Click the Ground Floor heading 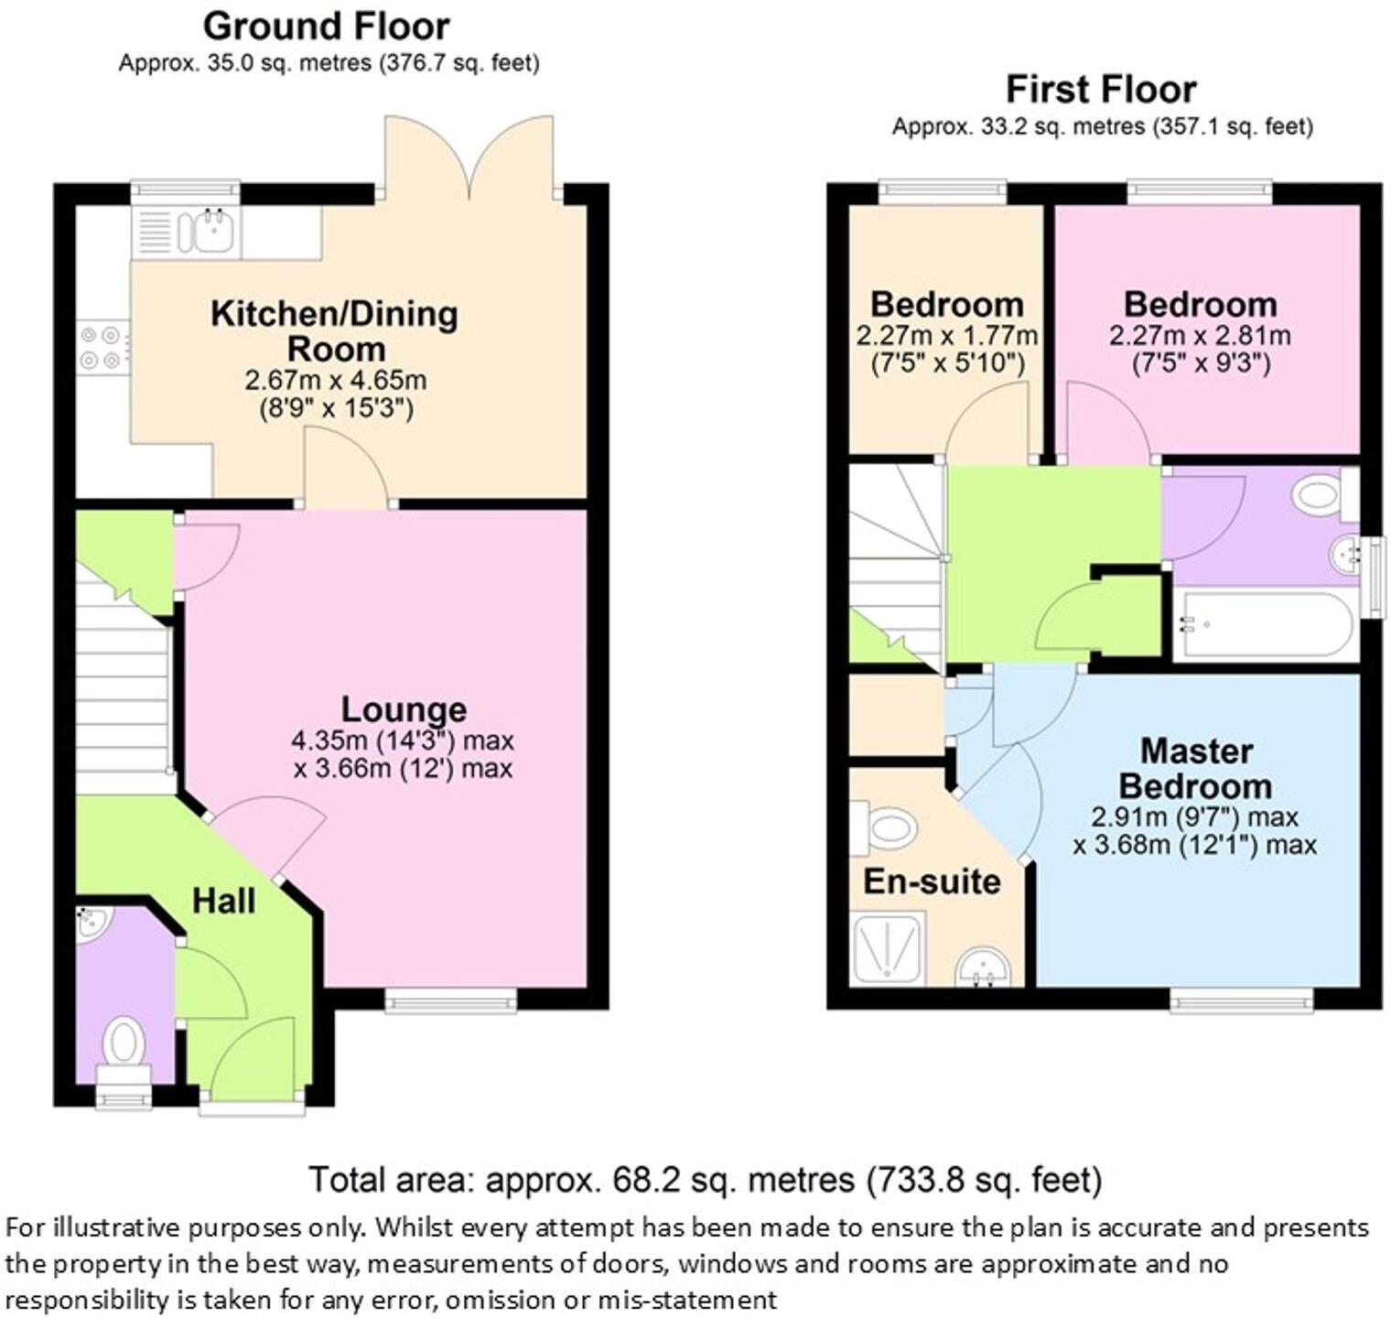(326, 27)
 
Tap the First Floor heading (1101, 90)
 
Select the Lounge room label (404, 709)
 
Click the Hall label (223, 902)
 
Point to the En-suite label (932, 881)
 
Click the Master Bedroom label (1195, 769)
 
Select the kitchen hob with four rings (101, 348)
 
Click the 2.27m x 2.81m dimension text (1200, 336)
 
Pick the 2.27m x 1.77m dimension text (946, 336)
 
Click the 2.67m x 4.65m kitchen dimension (335, 380)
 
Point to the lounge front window (451, 1002)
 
